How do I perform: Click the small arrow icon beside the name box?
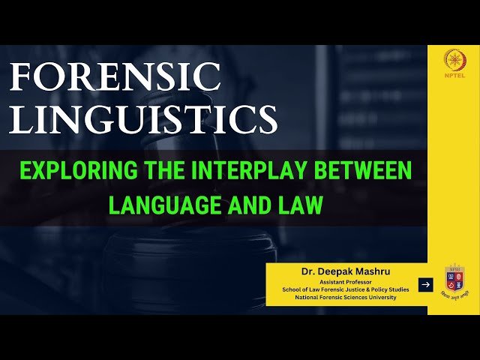[425, 284]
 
